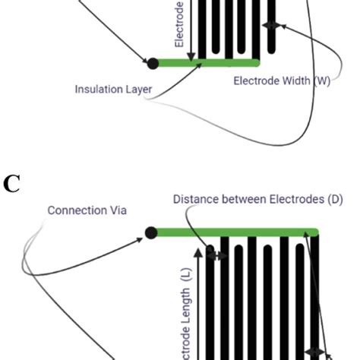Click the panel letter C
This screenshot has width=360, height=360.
pyautogui.click(x=11, y=183)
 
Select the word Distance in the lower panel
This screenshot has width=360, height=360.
pyautogui.click(x=194, y=200)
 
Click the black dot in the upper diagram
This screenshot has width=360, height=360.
pyautogui.click(x=153, y=63)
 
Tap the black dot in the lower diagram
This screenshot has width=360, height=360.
pyautogui.click(x=151, y=232)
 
